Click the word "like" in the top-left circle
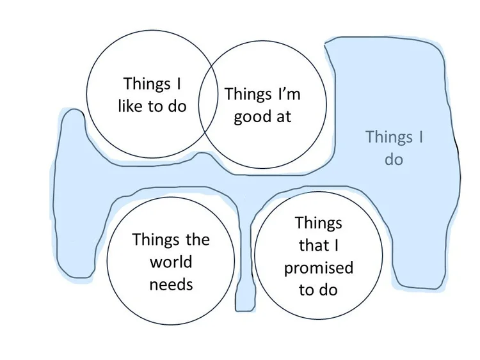tap(131, 106)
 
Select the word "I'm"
tap(288, 95)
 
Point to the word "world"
tap(171, 262)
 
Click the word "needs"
tap(171, 283)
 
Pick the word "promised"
tap(318, 267)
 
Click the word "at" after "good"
tap(282, 117)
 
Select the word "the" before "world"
tap(197, 240)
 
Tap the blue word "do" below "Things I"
tap(394, 159)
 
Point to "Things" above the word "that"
tap(318, 223)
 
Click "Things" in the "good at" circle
tap(248, 95)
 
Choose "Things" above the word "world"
tap(156, 240)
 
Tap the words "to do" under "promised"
tap(318, 290)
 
